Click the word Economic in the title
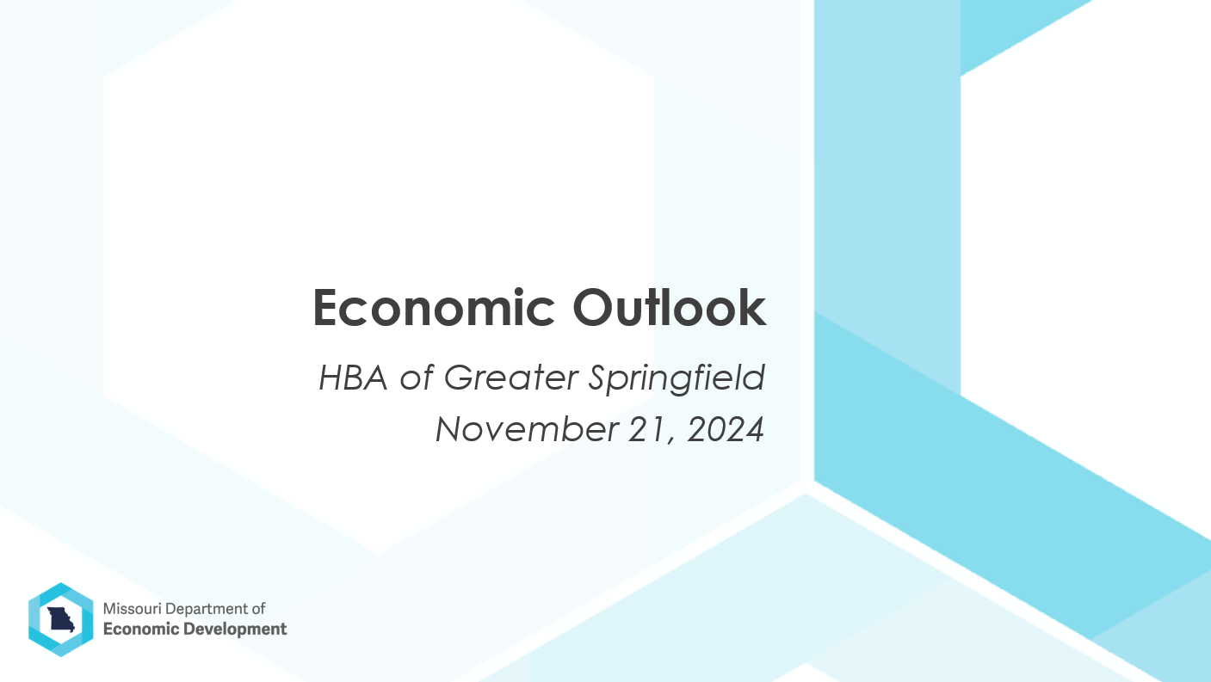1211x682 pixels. click(434, 307)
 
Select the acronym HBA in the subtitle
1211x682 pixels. click(353, 378)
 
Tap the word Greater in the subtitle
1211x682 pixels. click(511, 378)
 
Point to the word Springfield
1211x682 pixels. click(677, 378)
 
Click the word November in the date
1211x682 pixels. click(527, 430)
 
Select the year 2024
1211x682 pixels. click(726, 430)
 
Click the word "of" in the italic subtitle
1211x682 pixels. click(417, 378)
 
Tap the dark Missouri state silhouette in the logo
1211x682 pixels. click(61, 619)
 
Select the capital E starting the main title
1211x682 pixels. click(325, 308)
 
